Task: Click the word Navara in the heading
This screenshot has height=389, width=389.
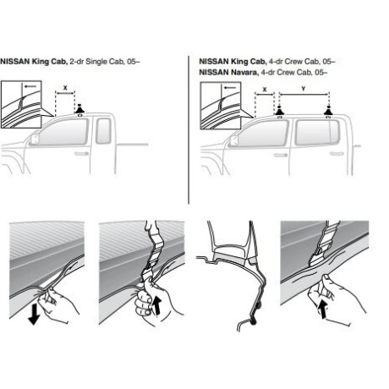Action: pos(244,73)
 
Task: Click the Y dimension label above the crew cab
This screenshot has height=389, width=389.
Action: pos(304,89)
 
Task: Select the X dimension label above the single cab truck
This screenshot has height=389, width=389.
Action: pos(65,88)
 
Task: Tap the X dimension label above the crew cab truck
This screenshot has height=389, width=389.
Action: pos(265,90)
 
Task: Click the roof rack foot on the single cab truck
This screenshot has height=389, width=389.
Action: pos(79,110)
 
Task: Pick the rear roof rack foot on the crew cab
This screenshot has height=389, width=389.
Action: pos(328,112)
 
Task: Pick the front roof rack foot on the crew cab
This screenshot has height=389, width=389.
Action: pos(280,112)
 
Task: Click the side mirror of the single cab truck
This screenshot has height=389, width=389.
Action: pos(35,140)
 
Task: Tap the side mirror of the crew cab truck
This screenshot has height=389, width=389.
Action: pos(233,141)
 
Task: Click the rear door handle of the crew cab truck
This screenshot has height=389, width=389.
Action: pos(337,154)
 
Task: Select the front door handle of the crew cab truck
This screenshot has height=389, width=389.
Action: pos(281,155)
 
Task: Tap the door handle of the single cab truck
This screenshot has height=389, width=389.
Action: pos(82,154)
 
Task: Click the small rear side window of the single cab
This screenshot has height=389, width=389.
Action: pos(103,131)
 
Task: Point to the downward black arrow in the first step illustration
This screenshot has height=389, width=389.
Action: pos(34,314)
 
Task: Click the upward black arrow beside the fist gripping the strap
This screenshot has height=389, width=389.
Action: pos(156,306)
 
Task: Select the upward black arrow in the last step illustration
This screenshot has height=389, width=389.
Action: pos(322,309)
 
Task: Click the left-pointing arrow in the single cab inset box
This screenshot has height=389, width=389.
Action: pos(30,86)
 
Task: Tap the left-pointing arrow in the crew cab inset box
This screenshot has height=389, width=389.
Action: pos(230,87)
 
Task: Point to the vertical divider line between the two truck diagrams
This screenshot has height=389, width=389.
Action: pos(189,129)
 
